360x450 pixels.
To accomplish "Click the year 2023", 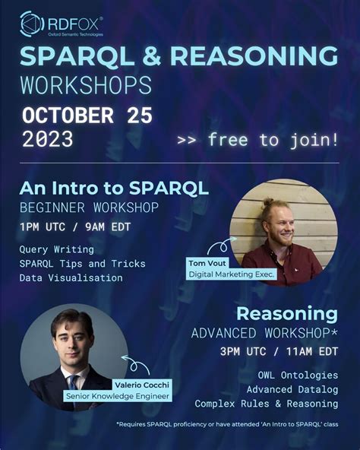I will (48, 140).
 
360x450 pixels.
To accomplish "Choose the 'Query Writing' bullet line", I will (57, 249).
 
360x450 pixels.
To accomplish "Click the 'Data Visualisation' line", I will (71, 278).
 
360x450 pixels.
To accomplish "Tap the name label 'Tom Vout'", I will (207, 263).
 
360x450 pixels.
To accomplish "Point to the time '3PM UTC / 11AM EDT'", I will (279, 352).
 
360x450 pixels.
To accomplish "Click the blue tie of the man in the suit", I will (74, 382).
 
